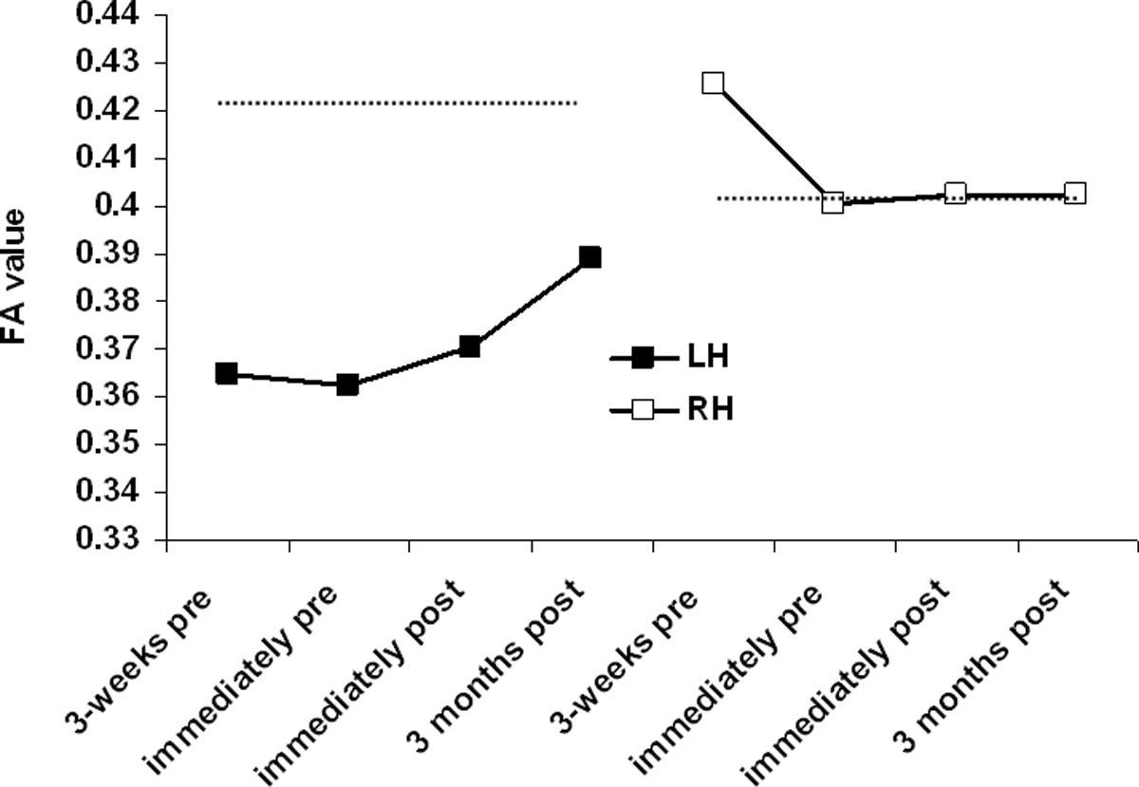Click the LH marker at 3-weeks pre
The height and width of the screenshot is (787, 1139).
pos(226,373)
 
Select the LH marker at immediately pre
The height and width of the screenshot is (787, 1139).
pos(347,385)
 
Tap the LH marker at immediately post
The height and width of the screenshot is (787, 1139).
pos(469,347)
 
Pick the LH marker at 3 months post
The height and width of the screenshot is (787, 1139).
pos(589,256)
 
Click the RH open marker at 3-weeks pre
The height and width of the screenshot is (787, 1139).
pos(713,83)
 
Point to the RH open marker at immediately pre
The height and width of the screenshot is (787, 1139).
pos(833,202)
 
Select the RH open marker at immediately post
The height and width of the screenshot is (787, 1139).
pos(955,194)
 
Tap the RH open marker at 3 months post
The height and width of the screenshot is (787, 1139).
pos(1075,194)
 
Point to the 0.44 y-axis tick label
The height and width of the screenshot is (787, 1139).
pos(110,16)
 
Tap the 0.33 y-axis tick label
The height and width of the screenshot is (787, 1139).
pos(110,539)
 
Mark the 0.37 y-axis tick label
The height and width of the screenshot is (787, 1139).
pos(110,349)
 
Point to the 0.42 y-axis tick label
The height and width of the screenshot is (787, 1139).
pos(110,111)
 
